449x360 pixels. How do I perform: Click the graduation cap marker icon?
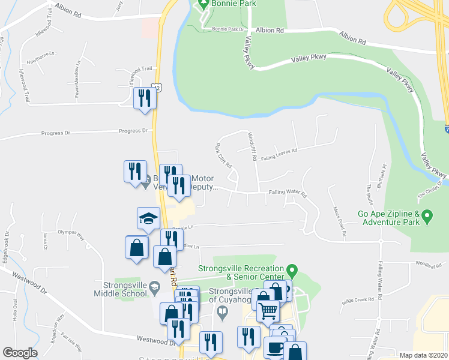(148, 218)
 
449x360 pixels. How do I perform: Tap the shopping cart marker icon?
(268, 310)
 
